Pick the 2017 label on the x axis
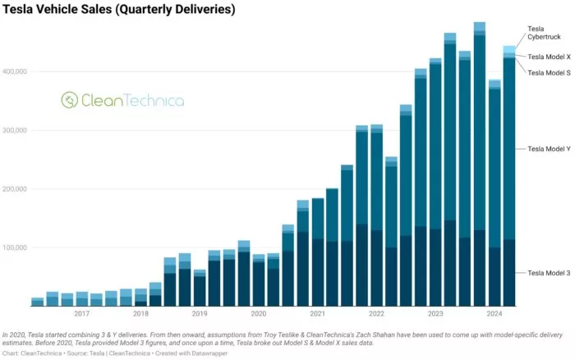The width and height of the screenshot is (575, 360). click(x=81, y=314)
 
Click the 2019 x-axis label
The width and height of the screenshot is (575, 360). click(x=200, y=314)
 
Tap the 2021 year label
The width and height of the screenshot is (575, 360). click(x=317, y=314)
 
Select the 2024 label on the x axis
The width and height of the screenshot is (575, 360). click(x=494, y=314)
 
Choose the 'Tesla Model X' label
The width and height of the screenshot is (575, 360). click(x=549, y=57)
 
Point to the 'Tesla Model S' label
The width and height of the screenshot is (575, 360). click(x=549, y=72)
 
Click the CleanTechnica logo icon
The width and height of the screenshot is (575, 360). click(x=69, y=100)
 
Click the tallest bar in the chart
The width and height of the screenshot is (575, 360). click(x=480, y=164)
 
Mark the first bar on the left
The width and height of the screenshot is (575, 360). click(x=37, y=302)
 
